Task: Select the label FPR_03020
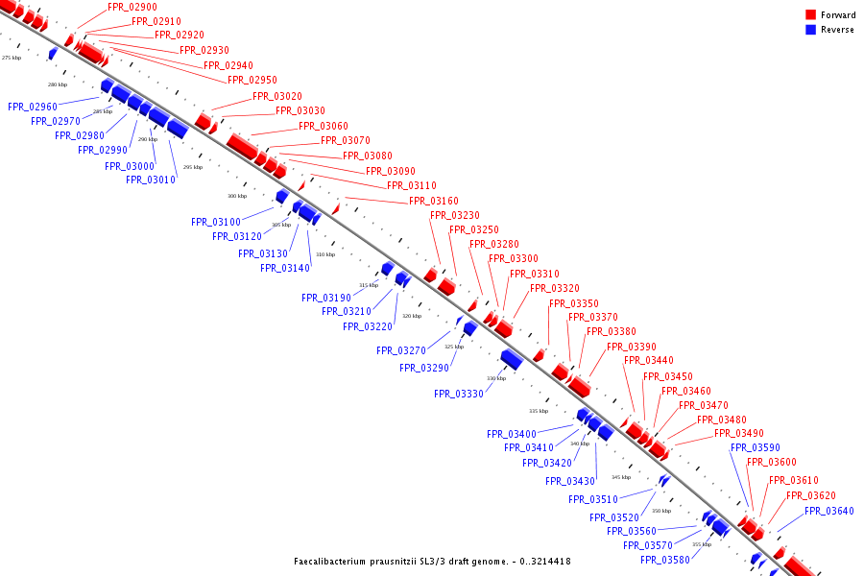277,96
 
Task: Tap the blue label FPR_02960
33,107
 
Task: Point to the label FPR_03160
434,201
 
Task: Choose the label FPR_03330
459,394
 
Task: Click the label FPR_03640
829,511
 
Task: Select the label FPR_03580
665,560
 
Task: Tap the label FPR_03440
649,361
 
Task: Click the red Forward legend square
811,15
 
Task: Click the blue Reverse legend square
811,30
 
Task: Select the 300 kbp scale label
237,196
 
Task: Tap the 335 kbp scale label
539,411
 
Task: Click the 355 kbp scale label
702,544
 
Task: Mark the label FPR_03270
401,350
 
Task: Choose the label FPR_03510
593,499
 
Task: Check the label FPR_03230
455,215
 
